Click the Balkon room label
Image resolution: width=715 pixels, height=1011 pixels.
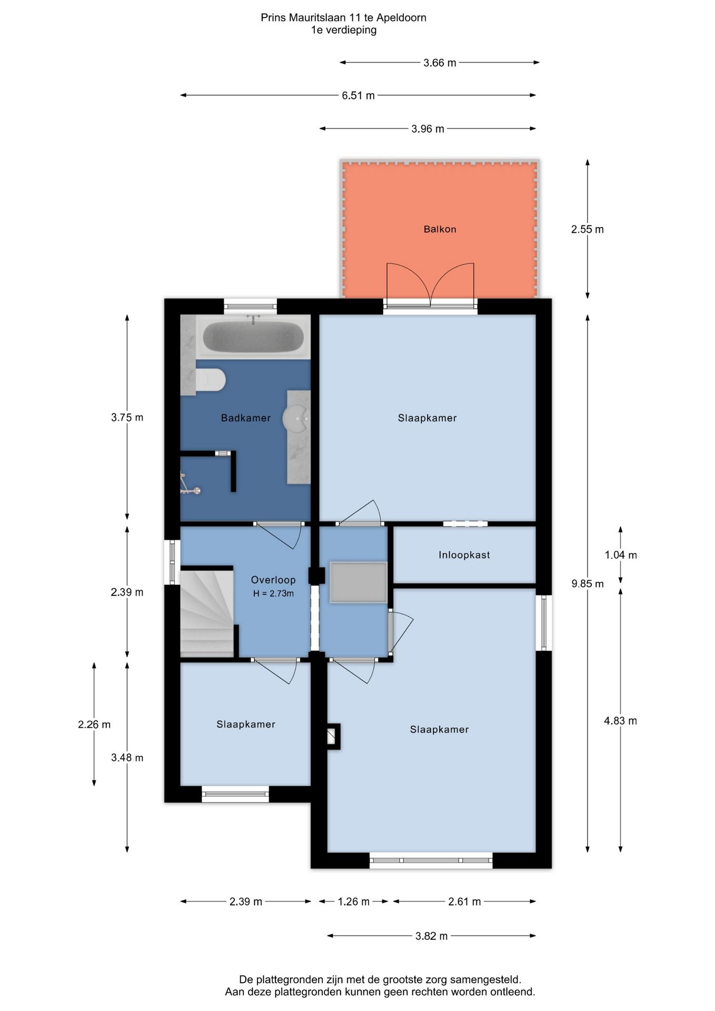point(440,229)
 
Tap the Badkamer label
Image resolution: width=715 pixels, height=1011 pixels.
point(246,418)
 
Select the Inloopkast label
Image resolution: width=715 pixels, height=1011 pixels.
point(464,555)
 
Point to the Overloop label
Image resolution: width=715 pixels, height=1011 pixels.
point(273,580)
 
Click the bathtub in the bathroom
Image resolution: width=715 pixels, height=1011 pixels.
point(253,336)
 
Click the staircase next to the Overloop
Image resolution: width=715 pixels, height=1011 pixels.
point(207,612)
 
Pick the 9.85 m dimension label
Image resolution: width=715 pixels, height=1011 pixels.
point(588,583)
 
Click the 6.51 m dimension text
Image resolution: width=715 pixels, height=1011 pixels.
point(358,95)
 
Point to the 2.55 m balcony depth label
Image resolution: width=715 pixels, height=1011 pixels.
point(588,229)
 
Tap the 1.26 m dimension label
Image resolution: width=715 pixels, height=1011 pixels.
point(354,901)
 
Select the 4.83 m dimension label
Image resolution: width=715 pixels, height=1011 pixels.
point(620,721)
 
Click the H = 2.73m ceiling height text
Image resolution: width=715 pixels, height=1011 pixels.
point(273,593)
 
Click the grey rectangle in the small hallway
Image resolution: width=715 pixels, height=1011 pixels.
point(358,582)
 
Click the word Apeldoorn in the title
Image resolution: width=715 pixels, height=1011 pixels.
point(401,18)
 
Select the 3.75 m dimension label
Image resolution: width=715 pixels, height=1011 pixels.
point(127,418)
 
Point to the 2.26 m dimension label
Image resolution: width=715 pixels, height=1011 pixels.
point(94,725)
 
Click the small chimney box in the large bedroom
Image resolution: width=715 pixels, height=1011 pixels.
point(333,736)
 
